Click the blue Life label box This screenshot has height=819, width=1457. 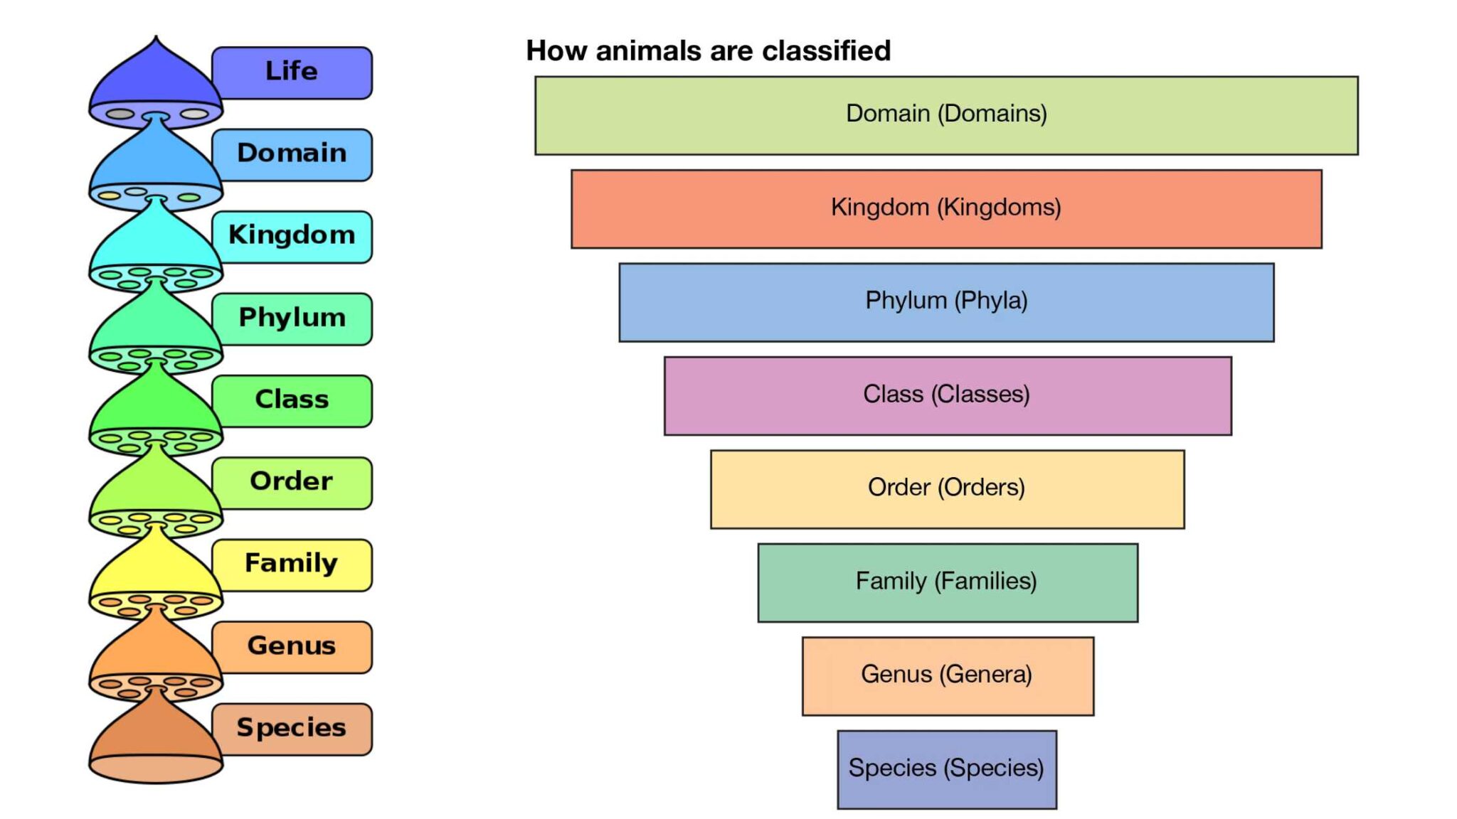point(292,73)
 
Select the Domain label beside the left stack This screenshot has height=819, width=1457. point(292,154)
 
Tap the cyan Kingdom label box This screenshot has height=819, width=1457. point(292,236)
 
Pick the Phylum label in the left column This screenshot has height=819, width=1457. point(292,318)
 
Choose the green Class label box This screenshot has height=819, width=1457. point(292,400)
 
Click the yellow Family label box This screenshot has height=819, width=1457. point(292,564)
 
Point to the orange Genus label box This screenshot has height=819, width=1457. point(292,646)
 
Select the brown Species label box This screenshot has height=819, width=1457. point(292,729)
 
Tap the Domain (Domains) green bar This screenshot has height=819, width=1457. point(946,115)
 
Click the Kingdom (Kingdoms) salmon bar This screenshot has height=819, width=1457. point(946,208)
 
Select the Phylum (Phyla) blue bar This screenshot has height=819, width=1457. point(946,302)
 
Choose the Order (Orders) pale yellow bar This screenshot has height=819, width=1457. point(947,489)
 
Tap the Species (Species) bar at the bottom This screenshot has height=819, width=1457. point(946,769)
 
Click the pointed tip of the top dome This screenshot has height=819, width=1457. point(156,40)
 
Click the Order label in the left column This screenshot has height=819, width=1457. point(292,483)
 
